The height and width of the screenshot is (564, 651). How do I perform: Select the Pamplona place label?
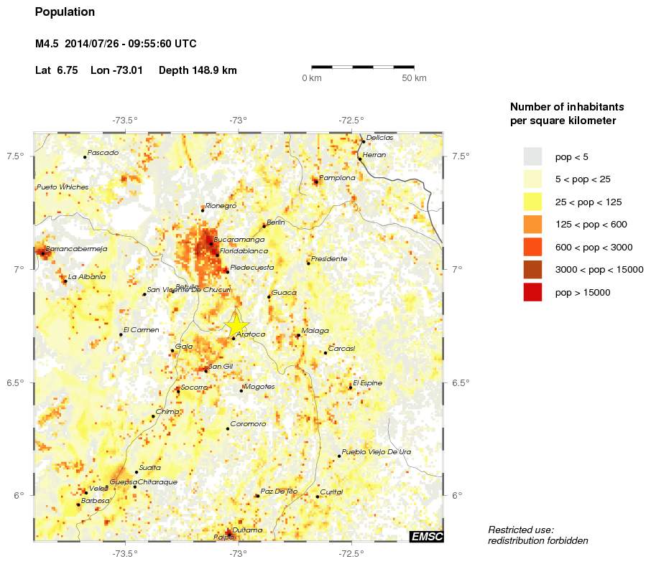(x=337, y=178)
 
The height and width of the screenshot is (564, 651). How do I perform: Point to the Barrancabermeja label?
(x=76, y=248)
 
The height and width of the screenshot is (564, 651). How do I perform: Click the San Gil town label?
(x=221, y=367)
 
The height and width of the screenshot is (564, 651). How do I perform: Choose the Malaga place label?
(x=315, y=331)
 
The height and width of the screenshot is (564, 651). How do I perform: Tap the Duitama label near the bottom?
(x=247, y=530)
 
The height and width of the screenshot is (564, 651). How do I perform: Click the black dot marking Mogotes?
(x=241, y=391)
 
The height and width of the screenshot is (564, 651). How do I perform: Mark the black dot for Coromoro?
(x=228, y=428)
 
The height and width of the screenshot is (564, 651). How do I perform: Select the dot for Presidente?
(x=308, y=263)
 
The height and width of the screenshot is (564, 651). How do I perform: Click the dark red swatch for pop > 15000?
(x=532, y=292)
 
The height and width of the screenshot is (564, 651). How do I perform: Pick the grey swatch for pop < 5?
(x=532, y=156)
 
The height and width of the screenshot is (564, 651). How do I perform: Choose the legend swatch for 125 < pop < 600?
(x=532, y=224)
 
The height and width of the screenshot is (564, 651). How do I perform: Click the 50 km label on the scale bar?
(x=414, y=77)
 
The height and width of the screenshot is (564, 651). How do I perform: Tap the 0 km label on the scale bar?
(x=311, y=77)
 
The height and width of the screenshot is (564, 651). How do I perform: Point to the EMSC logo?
(x=426, y=536)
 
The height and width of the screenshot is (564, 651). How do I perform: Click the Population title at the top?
(x=65, y=12)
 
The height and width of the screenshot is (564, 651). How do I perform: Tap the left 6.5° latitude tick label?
(x=16, y=382)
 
